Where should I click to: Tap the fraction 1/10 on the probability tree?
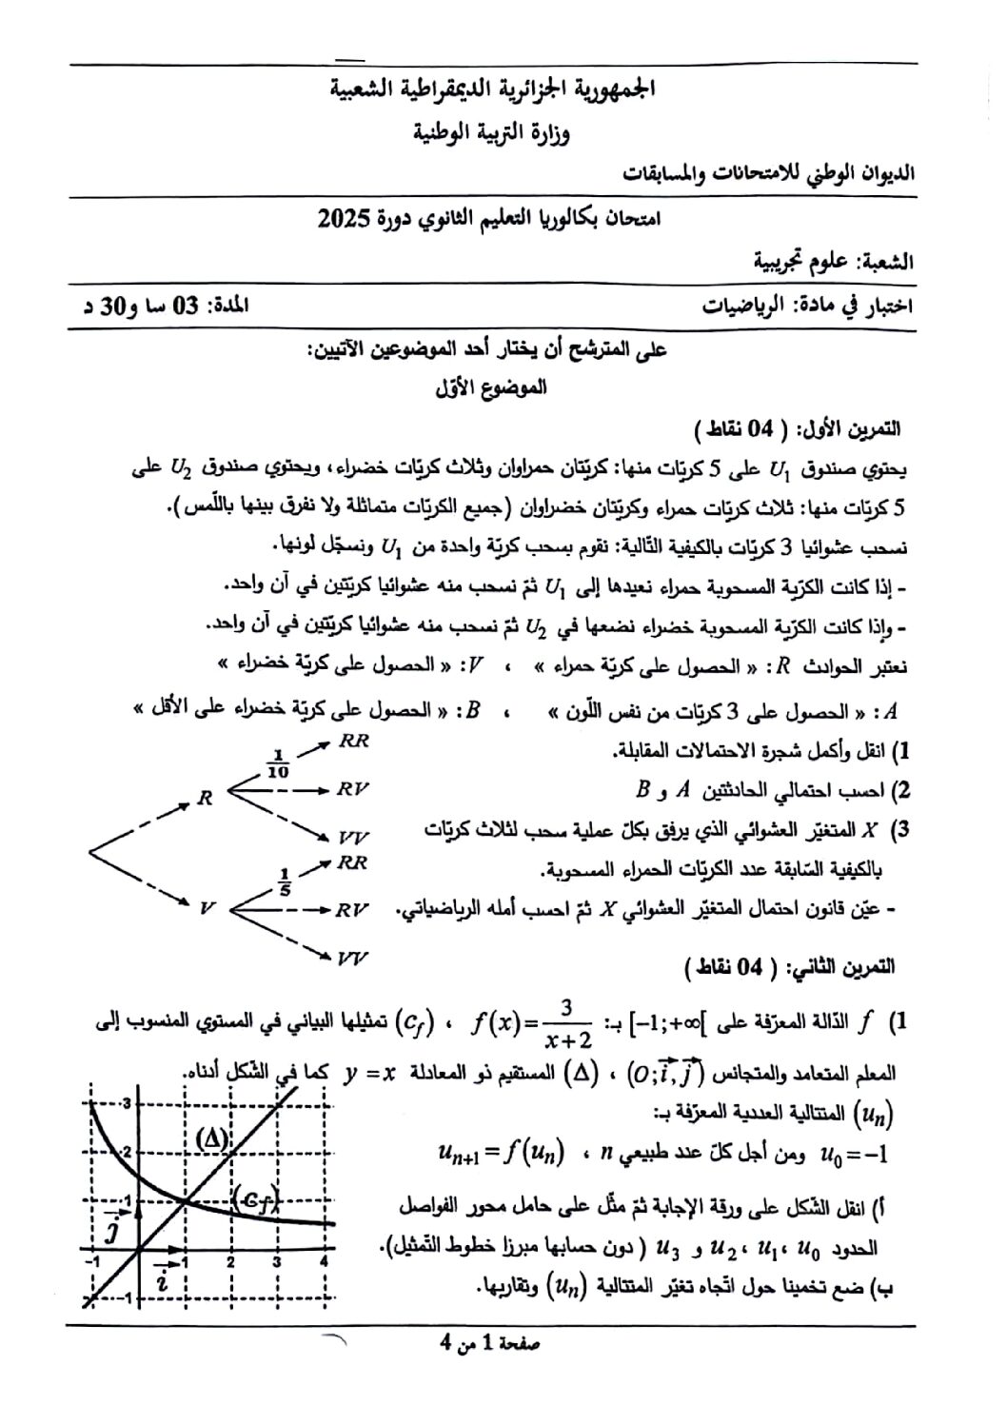pos(279,764)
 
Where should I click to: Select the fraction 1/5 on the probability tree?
pos(284,881)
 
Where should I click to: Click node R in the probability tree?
pos(204,798)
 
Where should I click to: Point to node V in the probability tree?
pos(205,908)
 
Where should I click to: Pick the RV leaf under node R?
pos(353,788)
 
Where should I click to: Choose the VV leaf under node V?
pos(352,958)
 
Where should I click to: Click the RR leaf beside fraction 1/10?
pos(353,740)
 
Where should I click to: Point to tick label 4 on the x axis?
pos(324,1261)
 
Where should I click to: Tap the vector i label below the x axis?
pos(162,1278)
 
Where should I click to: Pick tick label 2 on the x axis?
pos(230,1261)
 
